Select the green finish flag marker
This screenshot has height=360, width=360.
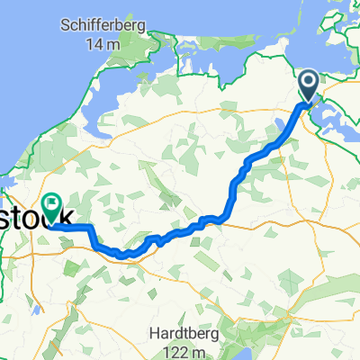(x=51, y=186)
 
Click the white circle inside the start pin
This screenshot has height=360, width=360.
(x=308, y=84)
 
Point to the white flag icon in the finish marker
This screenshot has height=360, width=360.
(x=51, y=183)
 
